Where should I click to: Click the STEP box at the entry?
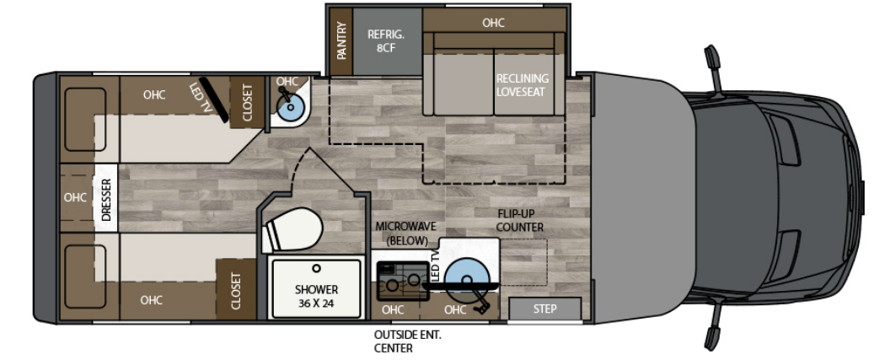click(545, 309)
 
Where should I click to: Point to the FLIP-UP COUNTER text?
click(519, 221)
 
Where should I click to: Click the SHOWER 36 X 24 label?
click(317, 296)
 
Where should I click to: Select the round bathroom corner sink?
click(289, 105)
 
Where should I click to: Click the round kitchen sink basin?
click(466, 276)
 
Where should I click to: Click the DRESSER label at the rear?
click(106, 199)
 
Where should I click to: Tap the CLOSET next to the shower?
click(235, 290)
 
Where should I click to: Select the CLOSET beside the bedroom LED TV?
click(248, 102)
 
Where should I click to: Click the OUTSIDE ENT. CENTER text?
click(407, 341)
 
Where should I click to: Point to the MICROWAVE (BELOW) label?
click(405, 234)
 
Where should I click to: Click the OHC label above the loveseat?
click(494, 23)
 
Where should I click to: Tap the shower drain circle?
click(317, 270)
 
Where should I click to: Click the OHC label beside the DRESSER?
click(76, 198)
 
